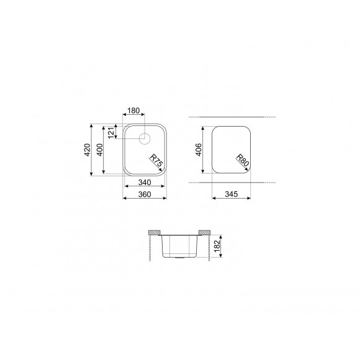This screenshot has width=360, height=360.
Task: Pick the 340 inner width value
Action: (x=144, y=182)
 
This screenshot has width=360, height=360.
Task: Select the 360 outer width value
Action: (x=144, y=194)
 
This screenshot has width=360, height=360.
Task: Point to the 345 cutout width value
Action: (x=230, y=194)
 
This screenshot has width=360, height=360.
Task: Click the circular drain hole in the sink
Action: (x=144, y=137)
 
